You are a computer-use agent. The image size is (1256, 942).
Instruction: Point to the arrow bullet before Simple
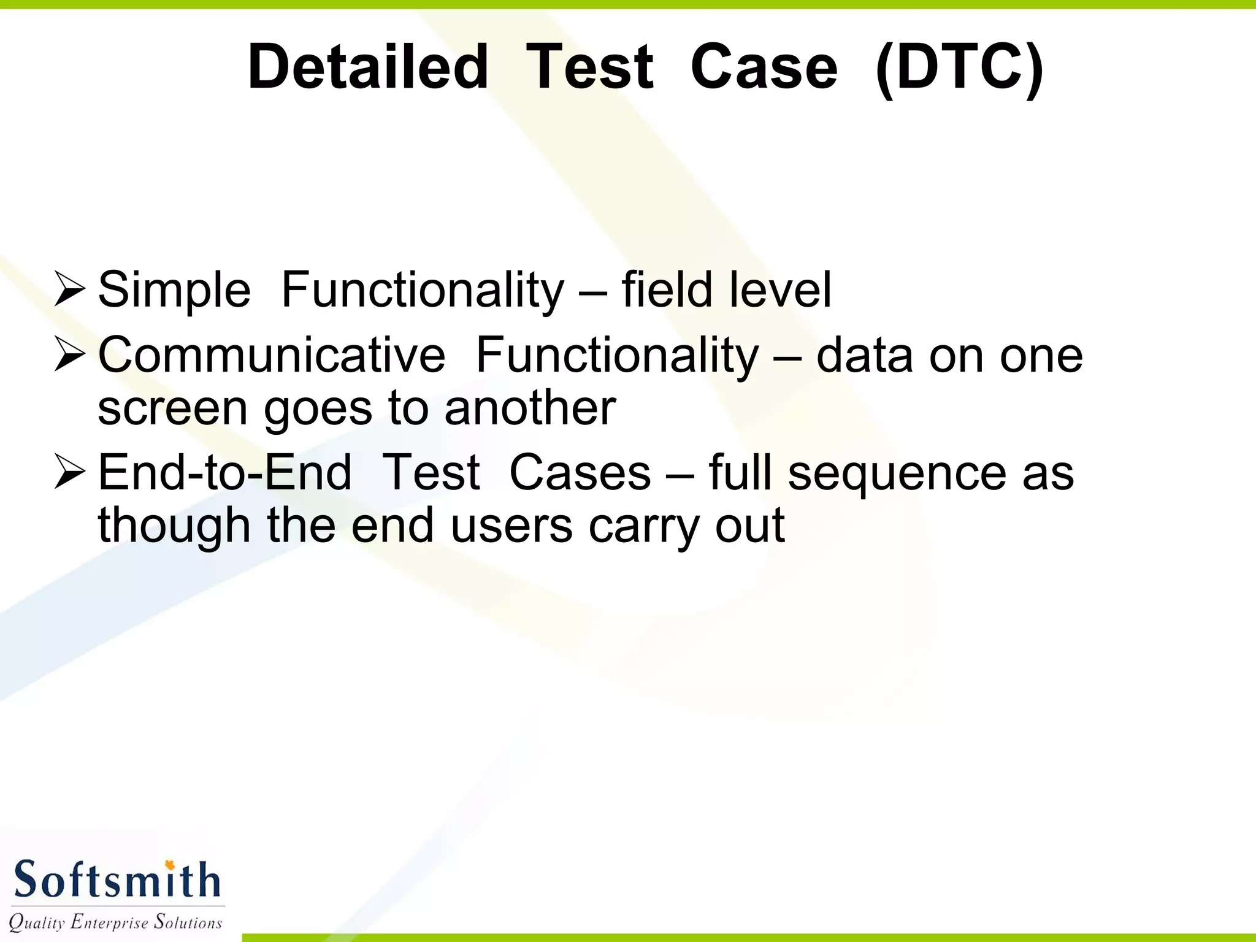(69, 289)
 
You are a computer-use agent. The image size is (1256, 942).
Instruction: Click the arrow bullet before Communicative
(69, 354)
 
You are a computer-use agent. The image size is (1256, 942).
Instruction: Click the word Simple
(174, 289)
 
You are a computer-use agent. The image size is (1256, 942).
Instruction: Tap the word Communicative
(272, 354)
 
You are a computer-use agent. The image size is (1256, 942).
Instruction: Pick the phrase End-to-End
(224, 472)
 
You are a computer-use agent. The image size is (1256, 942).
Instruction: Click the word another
(530, 408)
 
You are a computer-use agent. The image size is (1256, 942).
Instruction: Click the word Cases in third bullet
(580, 472)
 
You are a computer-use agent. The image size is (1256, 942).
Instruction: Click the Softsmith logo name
(117, 880)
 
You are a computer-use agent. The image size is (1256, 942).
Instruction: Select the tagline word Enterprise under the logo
(109, 922)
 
